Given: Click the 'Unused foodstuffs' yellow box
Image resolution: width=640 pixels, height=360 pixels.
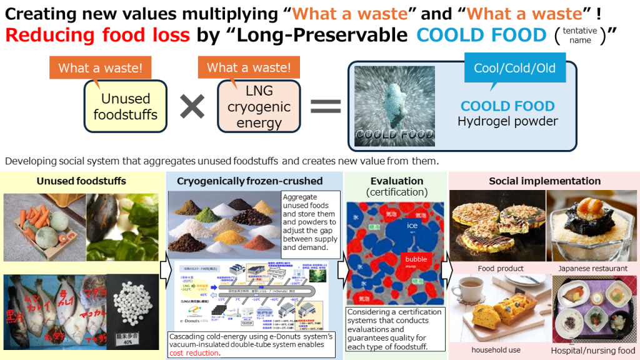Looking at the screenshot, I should tap(126, 106).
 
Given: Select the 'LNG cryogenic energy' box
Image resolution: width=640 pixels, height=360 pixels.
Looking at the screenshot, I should tap(259, 107).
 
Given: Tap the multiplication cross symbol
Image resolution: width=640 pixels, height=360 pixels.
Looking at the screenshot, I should tap(192, 107).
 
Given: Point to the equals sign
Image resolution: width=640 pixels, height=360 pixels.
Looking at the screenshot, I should tap(325, 106).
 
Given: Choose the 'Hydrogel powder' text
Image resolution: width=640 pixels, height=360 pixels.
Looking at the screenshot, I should tap(507, 121).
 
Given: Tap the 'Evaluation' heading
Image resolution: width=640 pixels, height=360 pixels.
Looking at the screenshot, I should tap(396, 181).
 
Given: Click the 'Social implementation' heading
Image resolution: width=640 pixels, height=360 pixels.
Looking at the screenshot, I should tap(544, 181).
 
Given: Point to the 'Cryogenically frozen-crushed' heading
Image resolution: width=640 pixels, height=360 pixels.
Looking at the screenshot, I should tap(249, 181).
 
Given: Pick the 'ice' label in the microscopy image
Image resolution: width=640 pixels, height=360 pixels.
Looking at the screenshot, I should tap(412, 225).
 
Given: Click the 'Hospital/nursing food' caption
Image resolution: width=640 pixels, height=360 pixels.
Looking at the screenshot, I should tap(592, 351).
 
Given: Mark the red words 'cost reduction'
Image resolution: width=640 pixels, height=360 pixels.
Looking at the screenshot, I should tap(194, 353).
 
